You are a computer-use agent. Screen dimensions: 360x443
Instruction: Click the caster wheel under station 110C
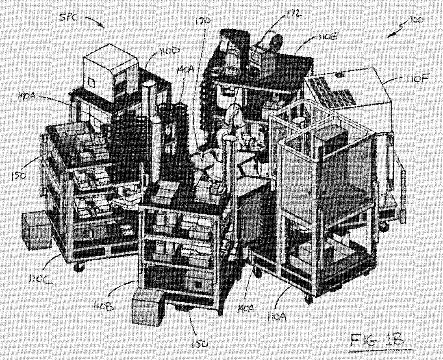pyautogui.click(x=79, y=267)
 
